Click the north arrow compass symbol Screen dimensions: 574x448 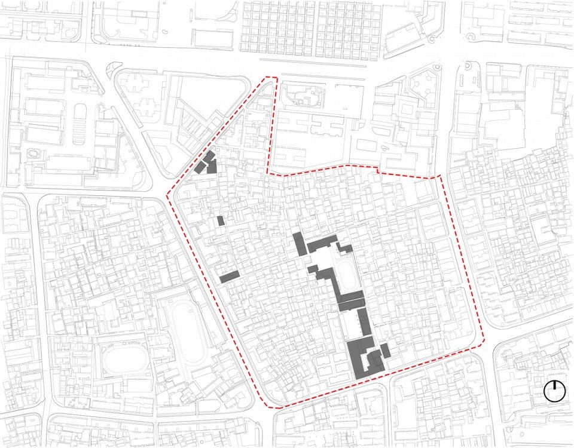(x=554, y=391)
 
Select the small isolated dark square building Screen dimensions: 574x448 (x=221, y=221)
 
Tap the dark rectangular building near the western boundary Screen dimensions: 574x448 (x=229, y=277)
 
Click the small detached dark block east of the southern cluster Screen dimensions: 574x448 (x=385, y=350)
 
